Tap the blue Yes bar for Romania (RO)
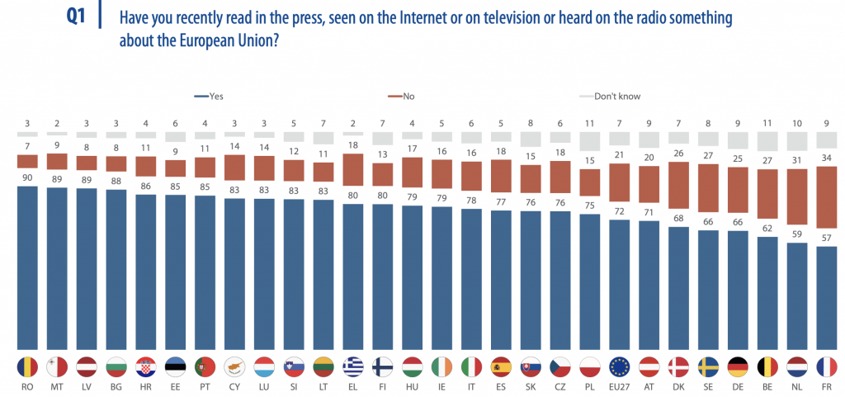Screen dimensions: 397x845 (27, 268)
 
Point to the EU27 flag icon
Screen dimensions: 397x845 (620, 366)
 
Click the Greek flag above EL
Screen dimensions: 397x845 (353, 366)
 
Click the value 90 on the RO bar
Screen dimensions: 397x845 (27, 178)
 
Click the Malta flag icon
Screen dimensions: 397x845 (57, 366)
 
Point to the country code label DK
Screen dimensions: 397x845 (679, 386)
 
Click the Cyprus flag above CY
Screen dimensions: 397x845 (234, 366)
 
